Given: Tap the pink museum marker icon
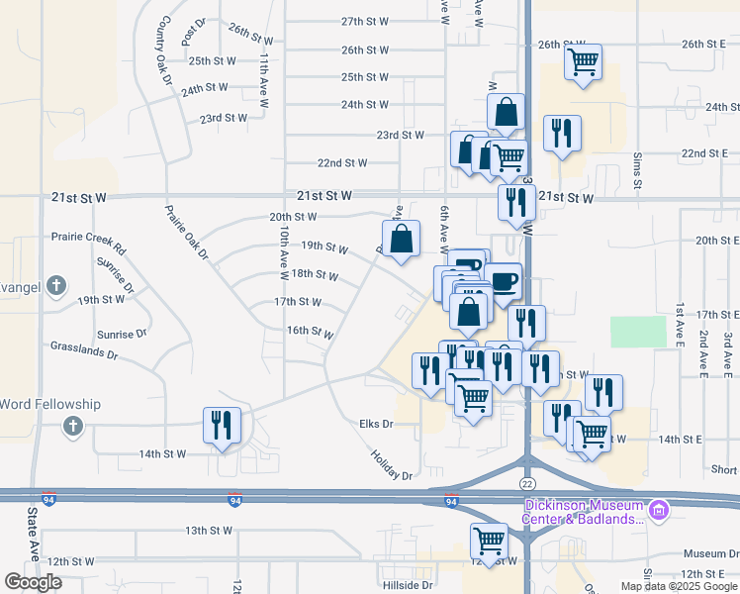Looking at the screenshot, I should click(x=659, y=511).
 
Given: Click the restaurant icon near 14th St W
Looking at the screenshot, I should click(x=221, y=426).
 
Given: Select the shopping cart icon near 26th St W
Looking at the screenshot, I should click(x=583, y=62).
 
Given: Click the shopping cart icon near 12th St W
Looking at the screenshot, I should click(x=488, y=541).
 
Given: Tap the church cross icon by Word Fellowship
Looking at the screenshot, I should click(x=71, y=427).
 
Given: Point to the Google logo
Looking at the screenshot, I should click(x=33, y=582).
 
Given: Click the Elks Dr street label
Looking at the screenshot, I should click(x=376, y=424).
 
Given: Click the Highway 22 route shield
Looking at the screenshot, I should click(x=527, y=482).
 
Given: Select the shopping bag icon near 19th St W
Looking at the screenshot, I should click(x=401, y=239).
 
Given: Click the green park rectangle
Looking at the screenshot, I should click(x=638, y=332).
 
